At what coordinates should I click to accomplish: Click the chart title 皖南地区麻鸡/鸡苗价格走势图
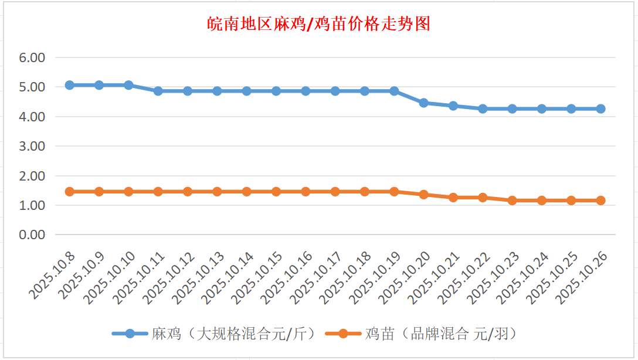pos(319,24)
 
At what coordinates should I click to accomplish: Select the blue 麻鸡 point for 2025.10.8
pos(70,85)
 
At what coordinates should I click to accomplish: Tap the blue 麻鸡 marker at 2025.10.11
pos(158,91)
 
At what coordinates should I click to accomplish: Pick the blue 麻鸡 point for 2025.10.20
pos(423,103)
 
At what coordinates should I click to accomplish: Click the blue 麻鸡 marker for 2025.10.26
pos(600,108)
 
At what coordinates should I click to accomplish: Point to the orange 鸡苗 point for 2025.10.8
pos(70,192)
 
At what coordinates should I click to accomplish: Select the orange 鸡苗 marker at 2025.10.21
pos(453,198)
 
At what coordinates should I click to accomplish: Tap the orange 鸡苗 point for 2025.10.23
pos(512,201)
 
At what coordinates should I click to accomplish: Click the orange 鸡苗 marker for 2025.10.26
pos(600,201)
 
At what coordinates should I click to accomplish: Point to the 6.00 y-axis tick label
pos(32,58)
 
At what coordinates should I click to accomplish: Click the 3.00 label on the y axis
pos(32,146)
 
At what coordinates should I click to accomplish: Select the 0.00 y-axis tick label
pos(32,235)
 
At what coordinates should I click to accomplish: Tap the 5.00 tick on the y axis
pos(32,87)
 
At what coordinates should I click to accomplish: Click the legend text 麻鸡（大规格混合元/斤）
pos(234,334)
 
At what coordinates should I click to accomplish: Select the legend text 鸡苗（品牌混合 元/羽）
pos(440,334)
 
